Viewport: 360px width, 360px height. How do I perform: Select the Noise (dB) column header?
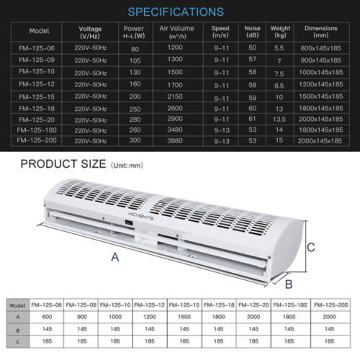pyautogui.click(x=253, y=32)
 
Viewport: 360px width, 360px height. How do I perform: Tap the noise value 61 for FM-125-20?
pyautogui.click(x=252, y=119)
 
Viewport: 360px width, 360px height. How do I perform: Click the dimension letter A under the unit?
pyautogui.click(x=114, y=256)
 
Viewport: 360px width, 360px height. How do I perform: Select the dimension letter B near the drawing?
pyautogui.click(x=288, y=283)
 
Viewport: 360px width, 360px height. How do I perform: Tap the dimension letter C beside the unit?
pyautogui.click(x=311, y=248)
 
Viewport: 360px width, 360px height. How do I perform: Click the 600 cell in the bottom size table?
pyautogui.click(x=48, y=316)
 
